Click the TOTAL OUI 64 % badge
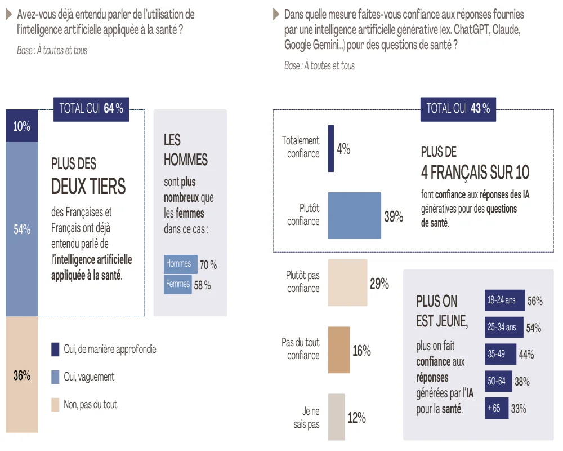coord(91,109)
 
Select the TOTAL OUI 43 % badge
coord(458,109)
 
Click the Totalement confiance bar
coord(331,148)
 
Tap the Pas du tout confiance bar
coord(339,350)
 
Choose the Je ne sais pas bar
coord(336,417)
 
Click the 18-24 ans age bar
coord(504,301)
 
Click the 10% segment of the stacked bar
coord(21,126)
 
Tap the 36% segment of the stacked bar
coord(21,375)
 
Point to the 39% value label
coord(394,217)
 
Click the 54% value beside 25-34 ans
coord(534,328)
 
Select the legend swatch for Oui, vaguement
coord(55,377)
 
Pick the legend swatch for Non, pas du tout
coord(55,404)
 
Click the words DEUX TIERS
coord(88,186)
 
